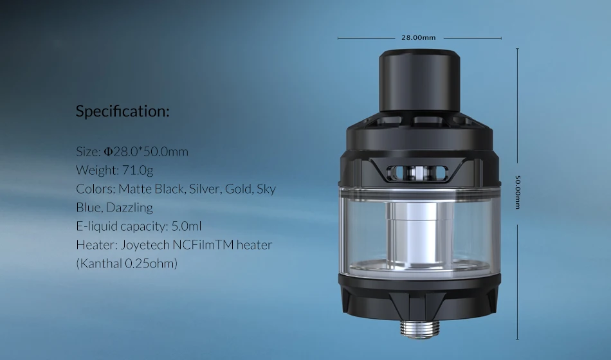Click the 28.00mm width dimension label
click(x=419, y=38)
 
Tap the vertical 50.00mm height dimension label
click(x=518, y=192)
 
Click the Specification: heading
click(x=123, y=111)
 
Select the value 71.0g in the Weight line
click(x=138, y=170)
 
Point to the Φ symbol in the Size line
click(x=108, y=152)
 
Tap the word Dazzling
click(x=129, y=208)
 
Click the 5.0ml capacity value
click(x=187, y=226)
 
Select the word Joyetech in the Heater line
click(x=145, y=245)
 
